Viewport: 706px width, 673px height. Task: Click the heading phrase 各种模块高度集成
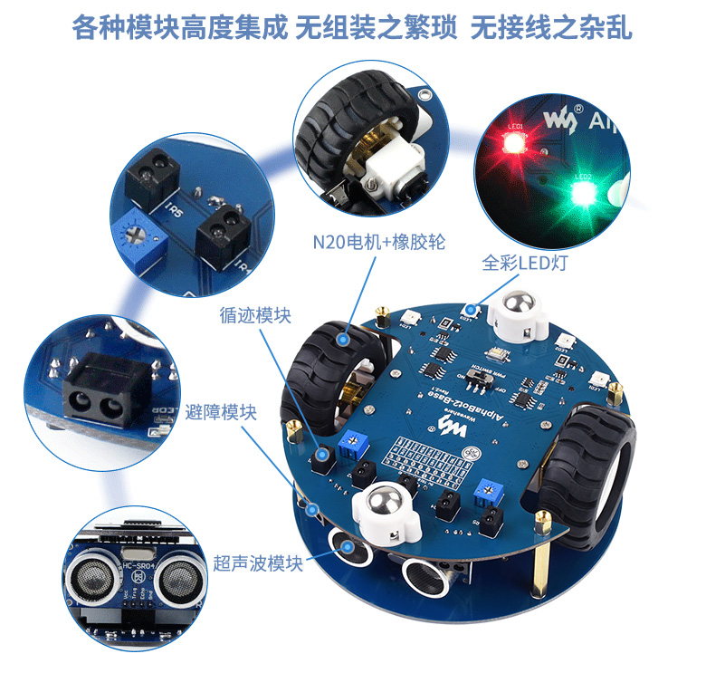pos(180,28)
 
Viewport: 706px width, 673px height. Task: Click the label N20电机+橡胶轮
pos(377,242)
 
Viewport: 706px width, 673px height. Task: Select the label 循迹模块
pos(255,315)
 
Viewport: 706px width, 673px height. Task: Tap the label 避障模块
pos(220,412)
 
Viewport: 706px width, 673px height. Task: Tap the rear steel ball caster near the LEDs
pos(519,307)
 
